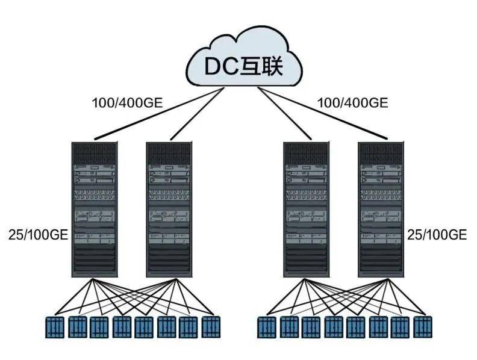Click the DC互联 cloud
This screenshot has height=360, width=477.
tap(244, 58)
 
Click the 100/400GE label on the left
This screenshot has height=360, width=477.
tap(128, 103)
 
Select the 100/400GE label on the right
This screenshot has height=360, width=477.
tap(353, 103)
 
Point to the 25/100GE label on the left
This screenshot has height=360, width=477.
tap(39, 235)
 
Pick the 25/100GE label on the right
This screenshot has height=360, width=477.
tap(437, 235)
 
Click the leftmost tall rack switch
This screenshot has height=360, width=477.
tap(95, 209)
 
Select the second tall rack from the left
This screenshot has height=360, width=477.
tap(169, 209)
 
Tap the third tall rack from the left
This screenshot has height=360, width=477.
tap(307, 209)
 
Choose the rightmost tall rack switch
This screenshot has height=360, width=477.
tap(381, 209)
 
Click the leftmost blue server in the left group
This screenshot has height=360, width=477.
tap(55, 327)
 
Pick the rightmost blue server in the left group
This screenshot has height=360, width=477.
tap(211, 327)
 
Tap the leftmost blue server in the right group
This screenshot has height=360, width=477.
tap(267, 327)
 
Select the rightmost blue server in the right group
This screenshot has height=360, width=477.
tap(423, 327)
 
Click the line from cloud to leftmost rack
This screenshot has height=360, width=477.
tap(160, 114)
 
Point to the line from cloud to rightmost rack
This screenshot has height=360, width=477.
tap(323, 113)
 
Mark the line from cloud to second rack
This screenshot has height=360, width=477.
tap(197, 114)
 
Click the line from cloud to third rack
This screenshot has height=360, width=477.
tap(285, 114)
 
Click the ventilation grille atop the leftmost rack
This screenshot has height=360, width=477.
tap(95, 154)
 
